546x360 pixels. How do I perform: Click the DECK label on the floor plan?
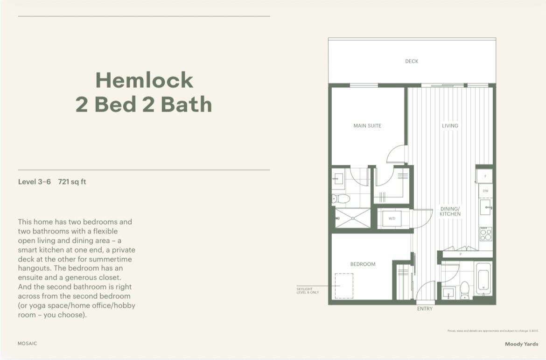click(412, 61)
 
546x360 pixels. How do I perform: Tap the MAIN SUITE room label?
click(367, 126)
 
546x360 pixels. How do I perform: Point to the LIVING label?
click(450, 126)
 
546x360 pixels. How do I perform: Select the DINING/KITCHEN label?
click(450, 211)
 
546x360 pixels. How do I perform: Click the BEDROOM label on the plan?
click(363, 264)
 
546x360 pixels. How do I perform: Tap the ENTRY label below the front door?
click(425, 309)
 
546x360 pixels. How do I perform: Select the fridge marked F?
click(485, 176)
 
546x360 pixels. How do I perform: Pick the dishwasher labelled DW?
click(485, 191)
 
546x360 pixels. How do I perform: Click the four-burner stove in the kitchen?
click(486, 233)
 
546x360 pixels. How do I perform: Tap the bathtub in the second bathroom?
click(483, 279)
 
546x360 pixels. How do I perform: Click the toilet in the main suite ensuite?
click(341, 199)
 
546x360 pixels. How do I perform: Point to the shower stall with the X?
click(353, 218)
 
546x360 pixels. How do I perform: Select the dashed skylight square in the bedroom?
click(344, 285)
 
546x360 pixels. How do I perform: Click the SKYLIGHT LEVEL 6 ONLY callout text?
click(308, 290)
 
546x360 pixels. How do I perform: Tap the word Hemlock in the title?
click(144, 80)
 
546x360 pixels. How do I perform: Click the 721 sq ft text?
click(72, 182)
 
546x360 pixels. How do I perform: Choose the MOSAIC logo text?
click(27, 343)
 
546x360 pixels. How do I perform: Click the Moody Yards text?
click(521, 344)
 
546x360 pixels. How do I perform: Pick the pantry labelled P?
click(461, 254)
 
